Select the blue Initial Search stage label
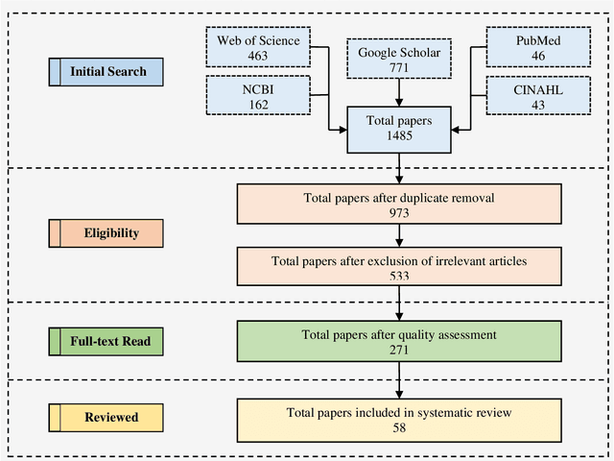(106, 72)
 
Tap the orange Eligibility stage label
(106, 232)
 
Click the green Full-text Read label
(106, 341)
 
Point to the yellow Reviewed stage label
(106, 417)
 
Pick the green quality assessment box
(399, 342)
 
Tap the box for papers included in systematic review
(399, 419)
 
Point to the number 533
(399, 276)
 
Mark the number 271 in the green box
(399, 350)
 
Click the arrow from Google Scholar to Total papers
(399, 94)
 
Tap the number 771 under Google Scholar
(399, 69)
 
